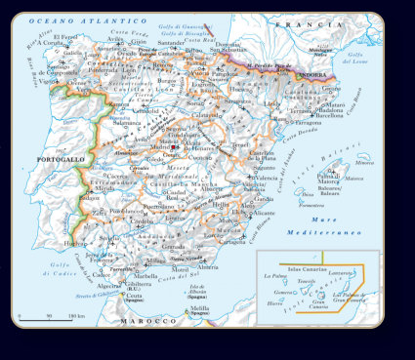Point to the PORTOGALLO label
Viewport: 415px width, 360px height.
pyautogui.click(x=60, y=159)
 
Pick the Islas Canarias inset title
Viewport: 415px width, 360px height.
pyautogui.click(x=308, y=265)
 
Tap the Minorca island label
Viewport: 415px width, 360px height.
pyautogui.click(x=364, y=164)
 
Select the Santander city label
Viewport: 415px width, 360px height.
pyautogui.click(x=171, y=43)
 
